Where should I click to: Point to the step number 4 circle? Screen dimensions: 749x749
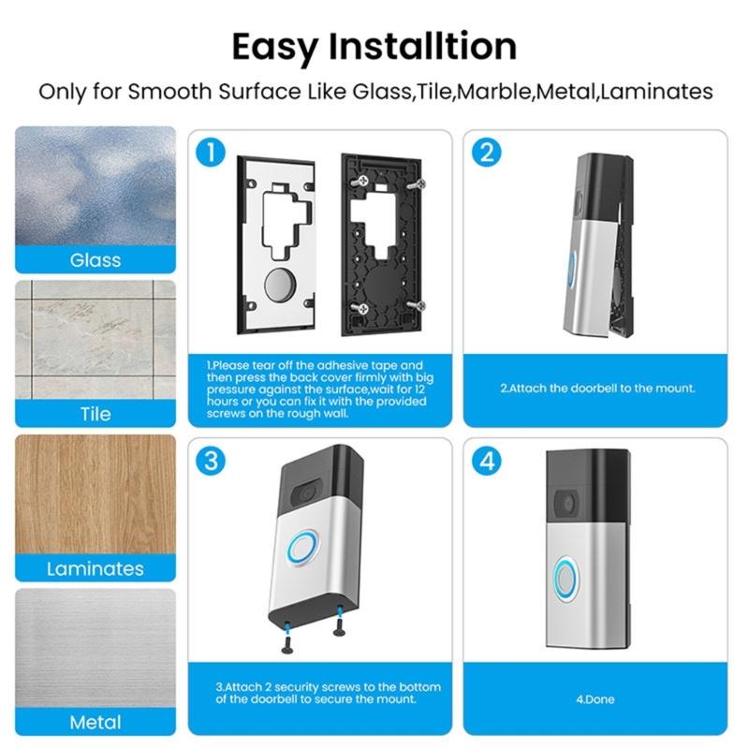486,461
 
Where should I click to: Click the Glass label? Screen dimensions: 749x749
95,259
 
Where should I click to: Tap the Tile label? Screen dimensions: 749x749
95,414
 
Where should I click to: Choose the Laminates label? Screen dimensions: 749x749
95,568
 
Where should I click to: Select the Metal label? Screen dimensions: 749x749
95,722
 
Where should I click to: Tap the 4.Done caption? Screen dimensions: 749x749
595,699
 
